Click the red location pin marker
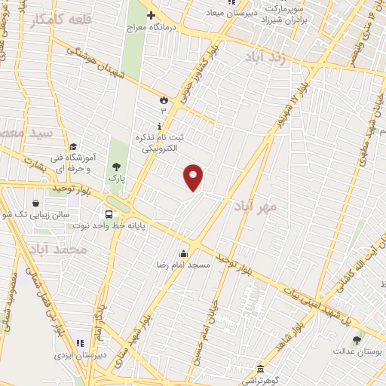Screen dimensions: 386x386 point(194,177)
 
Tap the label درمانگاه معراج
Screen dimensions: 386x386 point(179,26)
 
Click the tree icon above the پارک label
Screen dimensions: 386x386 point(115,167)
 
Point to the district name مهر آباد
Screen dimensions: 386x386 point(254,205)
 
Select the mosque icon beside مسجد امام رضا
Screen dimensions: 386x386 point(182,254)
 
